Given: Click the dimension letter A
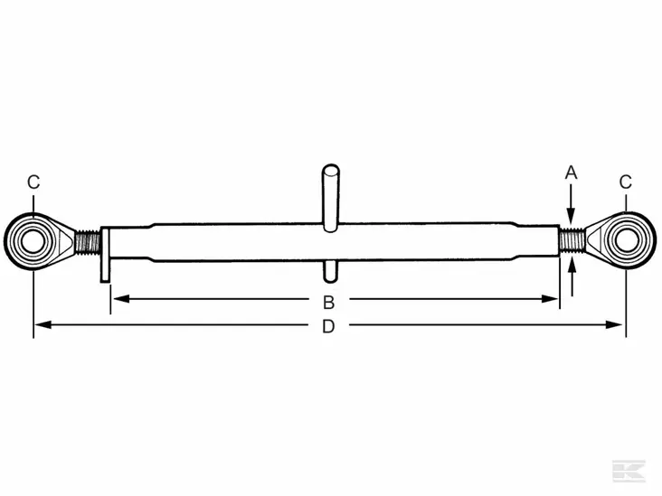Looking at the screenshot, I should pos(571,172).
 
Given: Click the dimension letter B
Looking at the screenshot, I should pos(329,301).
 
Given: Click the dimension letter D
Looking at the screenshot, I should pos(329,327).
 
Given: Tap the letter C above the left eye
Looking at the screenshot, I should pos(33,182).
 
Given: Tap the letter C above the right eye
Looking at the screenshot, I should pos(625,182).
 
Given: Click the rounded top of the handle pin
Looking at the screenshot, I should pos(331,169).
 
